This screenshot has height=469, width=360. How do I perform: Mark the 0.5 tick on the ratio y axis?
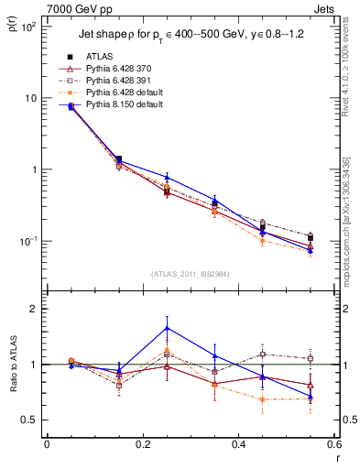pyautogui.click(x=32, y=420)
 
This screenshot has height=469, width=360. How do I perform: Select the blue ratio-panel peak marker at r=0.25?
pyautogui.click(x=167, y=327)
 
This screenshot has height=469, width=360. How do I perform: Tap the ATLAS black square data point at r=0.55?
pyautogui.click(x=311, y=237)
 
